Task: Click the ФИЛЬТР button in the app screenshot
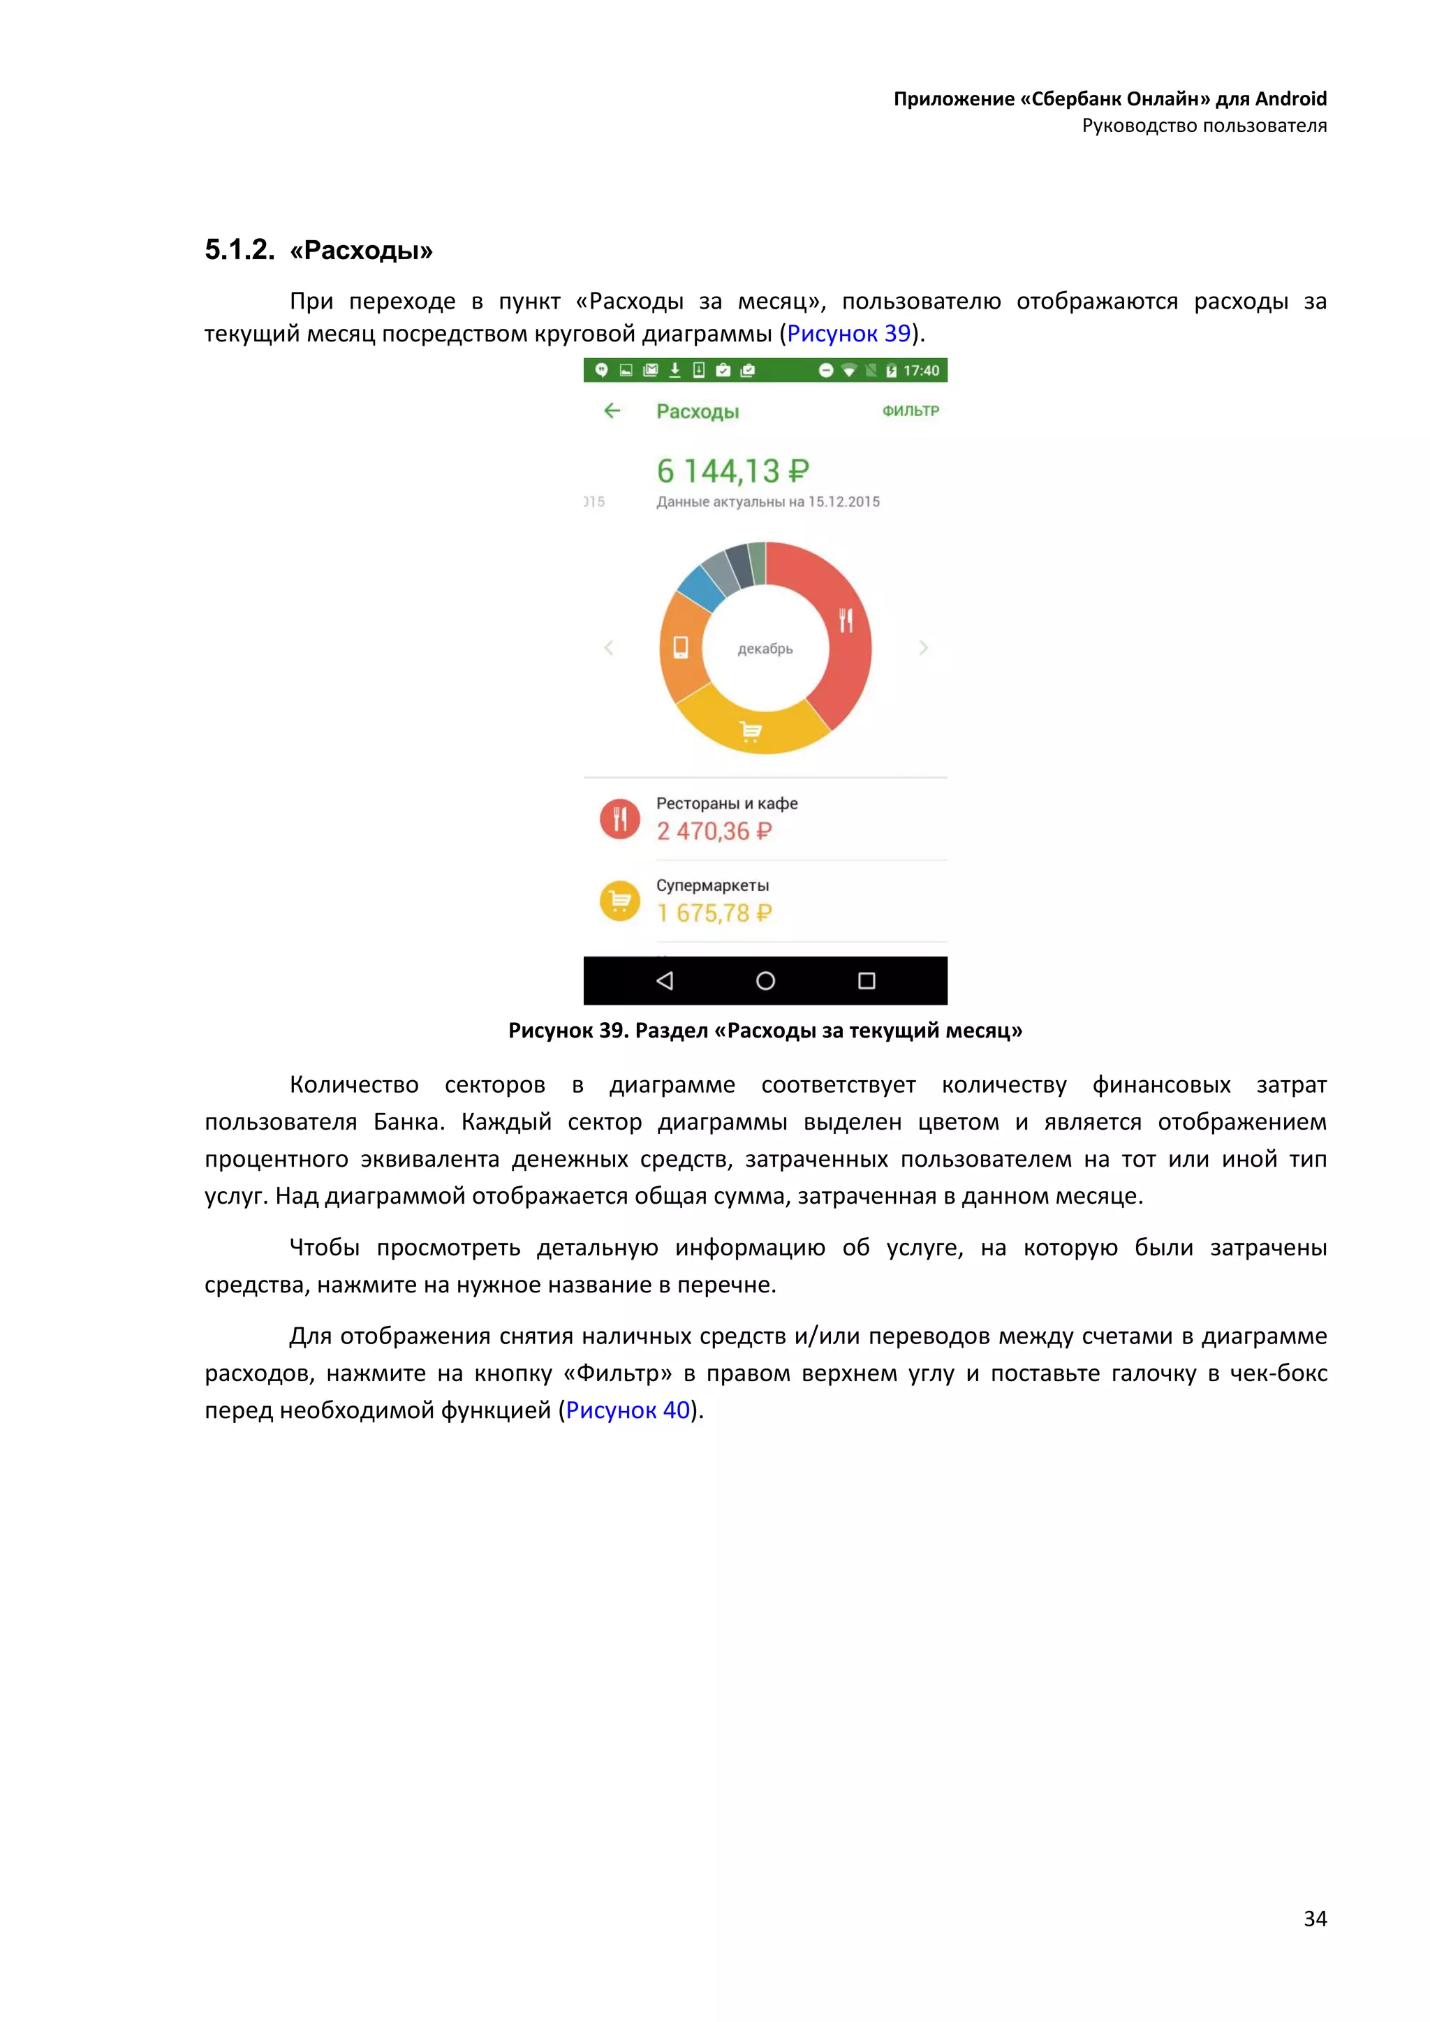911,411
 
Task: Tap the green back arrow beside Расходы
612,411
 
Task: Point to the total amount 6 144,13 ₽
732,471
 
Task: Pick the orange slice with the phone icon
682,647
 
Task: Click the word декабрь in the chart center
765,649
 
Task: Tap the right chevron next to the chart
923,647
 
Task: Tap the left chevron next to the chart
608,647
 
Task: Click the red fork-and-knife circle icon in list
620,818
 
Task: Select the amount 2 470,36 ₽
714,832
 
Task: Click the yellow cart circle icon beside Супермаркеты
620,901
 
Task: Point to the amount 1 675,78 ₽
714,913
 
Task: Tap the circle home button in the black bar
765,980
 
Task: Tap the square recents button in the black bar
867,980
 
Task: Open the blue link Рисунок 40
628,1410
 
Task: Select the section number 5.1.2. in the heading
239,250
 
